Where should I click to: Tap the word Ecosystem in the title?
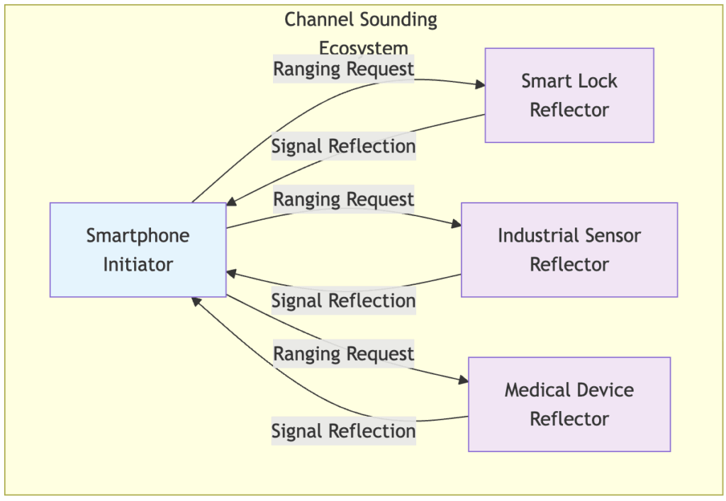pos(363,48)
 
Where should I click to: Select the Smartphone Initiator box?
pos(138,249)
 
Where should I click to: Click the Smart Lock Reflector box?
pos(569,95)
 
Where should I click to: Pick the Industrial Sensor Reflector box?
pos(569,249)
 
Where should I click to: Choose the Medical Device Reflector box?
pos(569,404)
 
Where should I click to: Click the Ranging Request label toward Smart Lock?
pos(343,69)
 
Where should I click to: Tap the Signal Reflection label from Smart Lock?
pos(343,147)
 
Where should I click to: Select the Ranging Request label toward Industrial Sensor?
pos(343,200)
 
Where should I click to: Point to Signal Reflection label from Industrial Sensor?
pos(343,301)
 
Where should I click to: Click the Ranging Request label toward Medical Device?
pos(343,354)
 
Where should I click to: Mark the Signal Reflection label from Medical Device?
pos(343,431)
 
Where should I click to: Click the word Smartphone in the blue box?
pos(138,235)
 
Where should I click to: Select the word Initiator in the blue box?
pos(138,264)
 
